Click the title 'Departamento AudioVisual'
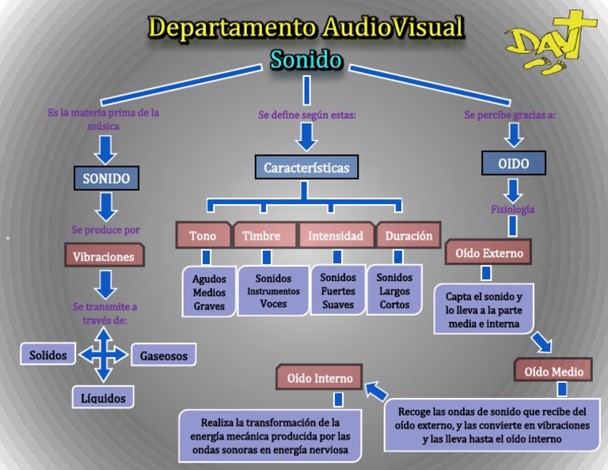pyautogui.click(x=306, y=28)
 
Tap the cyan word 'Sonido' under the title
pyautogui.click(x=306, y=60)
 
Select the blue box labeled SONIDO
pyautogui.click(x=106, y=178)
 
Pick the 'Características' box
pyautogui.click(x=306, y=168)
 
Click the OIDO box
pyautogui.click(x=513, y=164)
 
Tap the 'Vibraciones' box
pyautogui.click(x=104, y=256)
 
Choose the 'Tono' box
pyautogui.click(x=203, y=236)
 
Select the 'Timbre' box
pyautogui.click(x=262, y=236)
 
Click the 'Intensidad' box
pyautogui.click(x=336, y=236)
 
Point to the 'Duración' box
pyautogui.click(x=408, y=236)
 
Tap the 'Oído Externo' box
pyautogui.click(x=488, y=253)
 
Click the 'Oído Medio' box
pyautogui.click(x=554, y=371)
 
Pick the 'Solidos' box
pyautogui.click(x=48, y=355)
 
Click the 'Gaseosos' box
pyautogui.click(x=164, y=356)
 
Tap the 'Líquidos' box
pyautogui.click(x=103, y=398)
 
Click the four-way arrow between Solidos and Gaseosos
pyautogui.click(x=103, y=355)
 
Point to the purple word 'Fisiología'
pyautogui.click(x=512, y=210)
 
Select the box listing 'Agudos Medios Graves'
pyautogui.click(x=209, y=292)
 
